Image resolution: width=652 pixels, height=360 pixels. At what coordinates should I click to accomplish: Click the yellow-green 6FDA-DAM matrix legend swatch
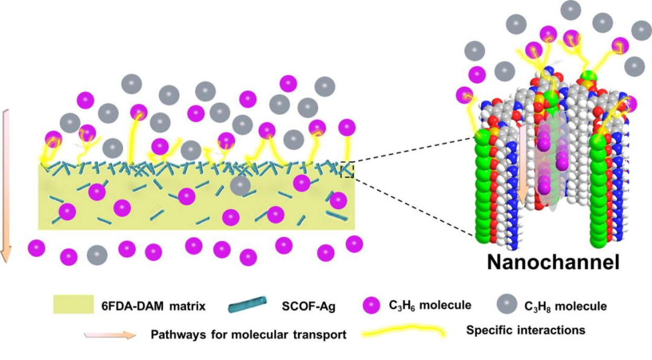(x=73, y=305)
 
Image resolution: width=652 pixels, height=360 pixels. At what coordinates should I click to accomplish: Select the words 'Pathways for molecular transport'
(x=249, y=335)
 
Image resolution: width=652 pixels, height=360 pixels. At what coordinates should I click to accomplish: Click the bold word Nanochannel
(x=554, y=263)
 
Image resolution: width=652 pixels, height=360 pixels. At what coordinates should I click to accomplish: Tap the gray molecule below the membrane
(x=97, y=254)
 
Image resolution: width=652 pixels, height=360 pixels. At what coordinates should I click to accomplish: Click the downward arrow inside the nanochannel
(x=523, y=175)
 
